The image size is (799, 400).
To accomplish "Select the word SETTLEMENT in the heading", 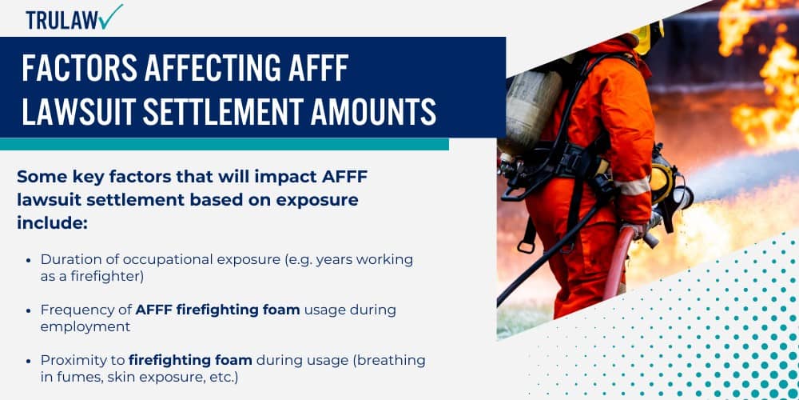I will [240, 111].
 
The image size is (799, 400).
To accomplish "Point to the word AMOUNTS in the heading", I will [374, 111].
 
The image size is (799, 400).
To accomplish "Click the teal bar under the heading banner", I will [224, 144].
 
